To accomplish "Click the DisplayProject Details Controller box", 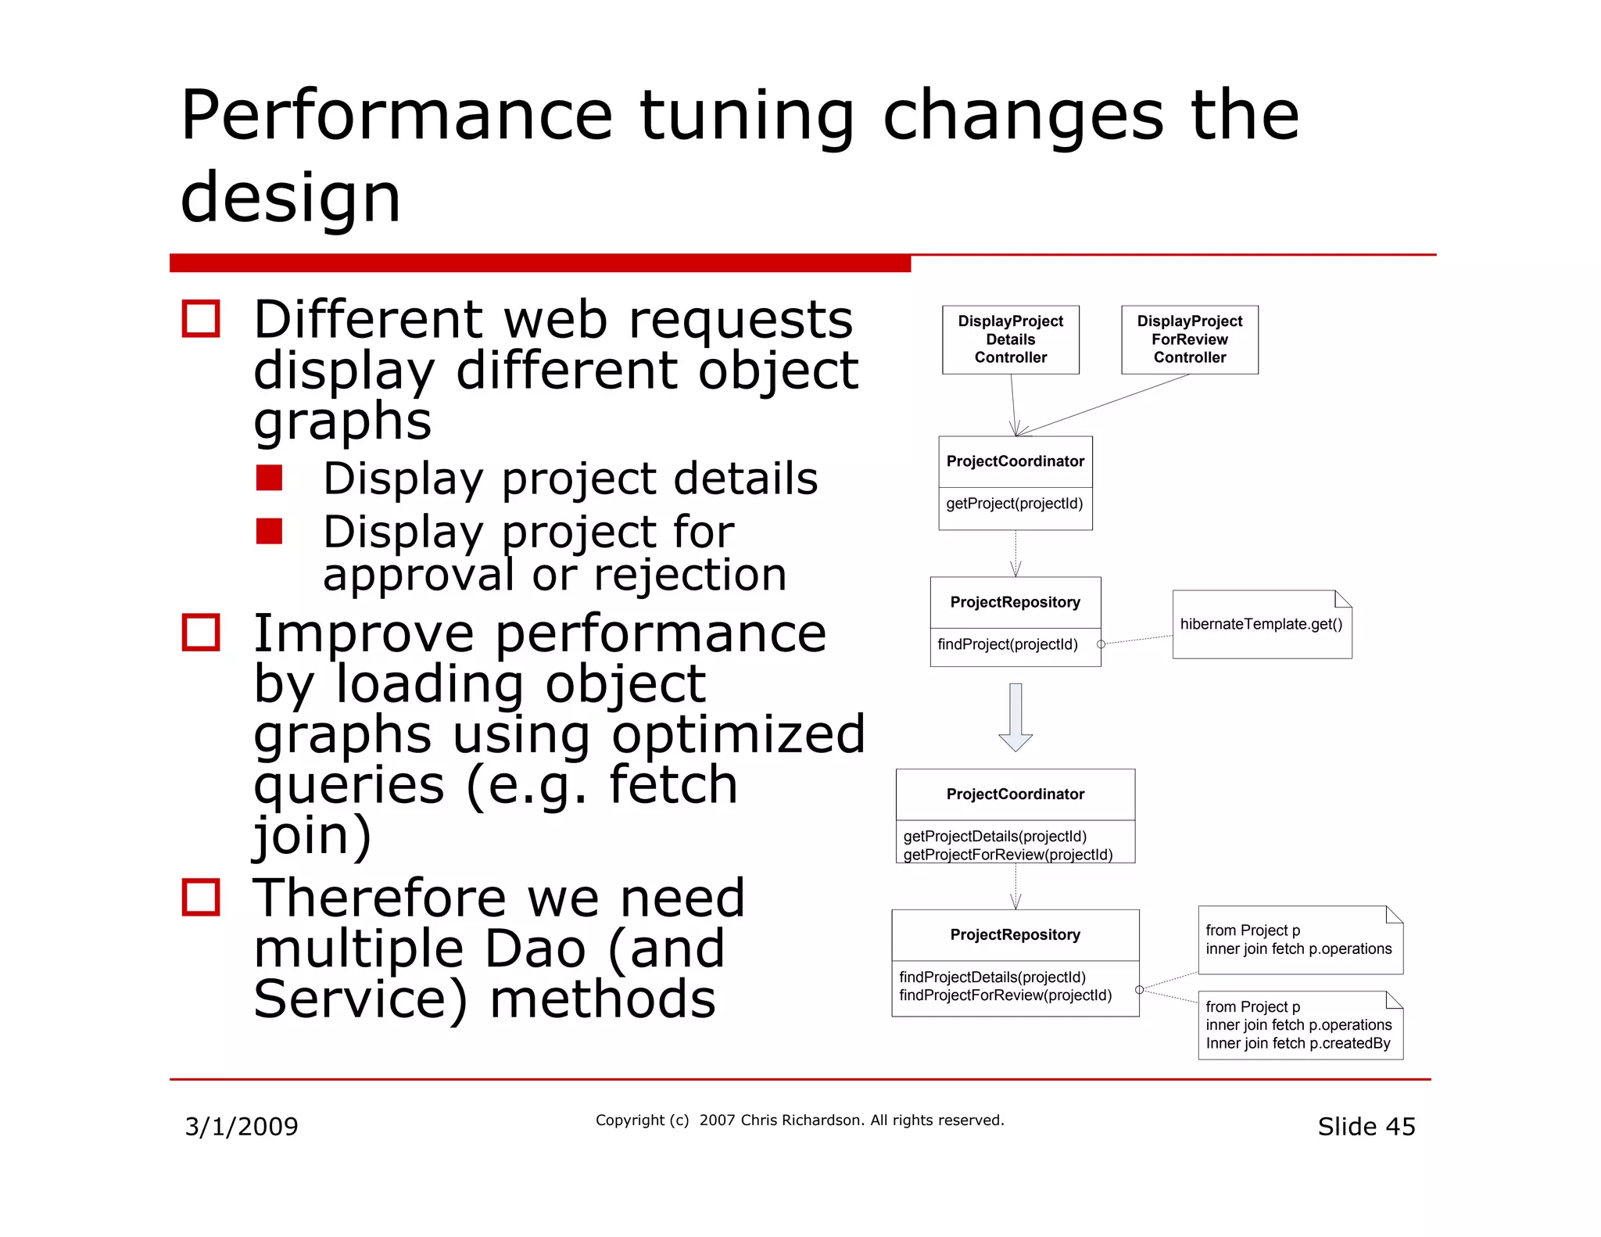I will tap(1010, 339).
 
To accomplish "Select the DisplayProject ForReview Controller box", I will tap(1189, 339).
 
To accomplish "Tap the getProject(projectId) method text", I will tap(1014, 504).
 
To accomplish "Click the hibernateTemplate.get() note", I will tap(1261, 624).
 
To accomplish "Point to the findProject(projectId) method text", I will tap(1007, 644).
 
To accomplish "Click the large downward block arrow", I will tap(1015, 716).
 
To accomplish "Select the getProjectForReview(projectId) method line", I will tap(1007, 855).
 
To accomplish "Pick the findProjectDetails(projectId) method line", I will tap(992, 977).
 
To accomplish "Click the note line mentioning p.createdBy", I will tap(1298, 1043).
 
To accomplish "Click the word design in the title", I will tap(290, 198).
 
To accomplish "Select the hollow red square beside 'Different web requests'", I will tap(201, 319).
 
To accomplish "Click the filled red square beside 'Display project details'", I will tap(269, 478).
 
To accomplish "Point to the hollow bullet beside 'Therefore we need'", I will tap(201, 897).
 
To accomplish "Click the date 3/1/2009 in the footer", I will tap(241, 1127).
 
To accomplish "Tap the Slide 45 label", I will tap(1366, 1127).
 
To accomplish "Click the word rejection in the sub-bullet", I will tap(689, 575).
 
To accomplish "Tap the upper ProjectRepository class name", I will tap(1015, 602).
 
